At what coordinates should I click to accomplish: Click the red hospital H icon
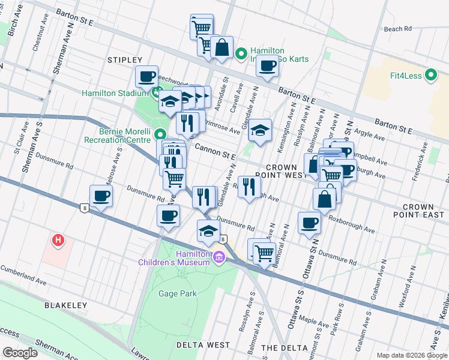coord(58,241)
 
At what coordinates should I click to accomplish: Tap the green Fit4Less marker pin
coord(430,76)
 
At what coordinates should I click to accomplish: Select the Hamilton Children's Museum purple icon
coord(218,257)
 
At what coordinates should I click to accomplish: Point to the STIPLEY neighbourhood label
coord(124,60)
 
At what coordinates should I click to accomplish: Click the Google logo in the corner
coord(20,353)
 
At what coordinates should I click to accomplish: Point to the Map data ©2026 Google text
coord(412,355)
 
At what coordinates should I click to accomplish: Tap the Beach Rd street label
coord(397,28)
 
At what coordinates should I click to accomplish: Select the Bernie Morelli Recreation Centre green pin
coord(160,134)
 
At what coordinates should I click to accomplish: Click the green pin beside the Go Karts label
coord(241,55)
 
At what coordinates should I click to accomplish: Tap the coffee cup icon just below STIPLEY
coord(147,77)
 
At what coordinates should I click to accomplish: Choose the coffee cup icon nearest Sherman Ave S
coord(101,196)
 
